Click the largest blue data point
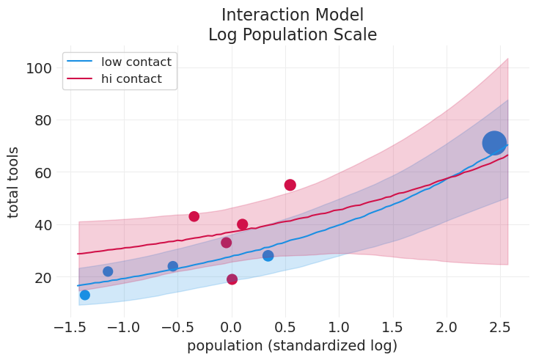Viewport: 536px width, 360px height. tap(494, 143)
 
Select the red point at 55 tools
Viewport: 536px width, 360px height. tap(290, 185)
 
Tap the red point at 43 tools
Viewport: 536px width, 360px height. tap(194, 216)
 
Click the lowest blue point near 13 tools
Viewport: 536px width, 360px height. tap(84, 295)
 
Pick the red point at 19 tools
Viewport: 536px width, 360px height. tap(232, 279)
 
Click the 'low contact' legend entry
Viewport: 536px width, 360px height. tap(136, 62)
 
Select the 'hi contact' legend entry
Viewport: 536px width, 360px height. tap(131, 79)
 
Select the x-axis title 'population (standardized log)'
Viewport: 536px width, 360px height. tap(292, 346)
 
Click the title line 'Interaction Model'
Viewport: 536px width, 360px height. tap(292, 15)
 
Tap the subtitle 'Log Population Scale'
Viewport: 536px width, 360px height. tap(292, 34)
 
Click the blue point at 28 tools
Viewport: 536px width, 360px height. tap(268, 256)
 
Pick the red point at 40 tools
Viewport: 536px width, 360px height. tap(243, 224)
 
